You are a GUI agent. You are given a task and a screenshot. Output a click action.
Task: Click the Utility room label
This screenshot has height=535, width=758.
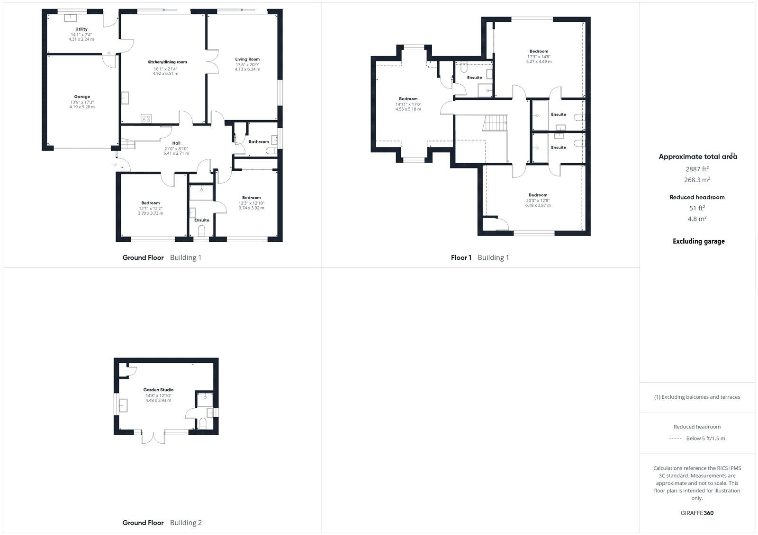[81, 29]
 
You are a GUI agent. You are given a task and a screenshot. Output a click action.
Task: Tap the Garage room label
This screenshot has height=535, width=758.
[82, 96]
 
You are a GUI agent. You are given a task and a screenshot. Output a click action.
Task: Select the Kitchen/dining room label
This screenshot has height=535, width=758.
[167, 62]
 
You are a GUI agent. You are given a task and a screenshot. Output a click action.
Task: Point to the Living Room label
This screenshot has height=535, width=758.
[247, 59]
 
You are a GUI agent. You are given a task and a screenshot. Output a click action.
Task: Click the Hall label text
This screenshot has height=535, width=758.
[176, 143]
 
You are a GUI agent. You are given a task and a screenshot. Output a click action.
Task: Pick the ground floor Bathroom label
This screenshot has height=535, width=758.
[259, 141]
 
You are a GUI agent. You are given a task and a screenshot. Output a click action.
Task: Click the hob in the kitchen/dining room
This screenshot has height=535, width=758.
[146, 118]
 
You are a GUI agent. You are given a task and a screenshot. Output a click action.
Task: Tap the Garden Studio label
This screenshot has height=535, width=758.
[158, 390]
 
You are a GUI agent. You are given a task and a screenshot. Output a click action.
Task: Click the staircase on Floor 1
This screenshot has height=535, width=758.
[495, 123]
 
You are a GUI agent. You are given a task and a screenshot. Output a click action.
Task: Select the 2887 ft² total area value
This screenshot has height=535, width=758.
[697, 169]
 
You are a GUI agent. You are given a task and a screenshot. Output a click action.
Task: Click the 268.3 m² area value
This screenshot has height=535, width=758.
[697, 180]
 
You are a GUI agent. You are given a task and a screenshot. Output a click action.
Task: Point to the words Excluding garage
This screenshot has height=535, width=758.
[698, 241]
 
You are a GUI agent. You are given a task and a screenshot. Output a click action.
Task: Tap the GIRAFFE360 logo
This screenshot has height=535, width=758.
[697, 513]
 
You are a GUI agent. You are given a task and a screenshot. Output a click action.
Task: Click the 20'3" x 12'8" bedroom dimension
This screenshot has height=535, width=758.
[538, 201]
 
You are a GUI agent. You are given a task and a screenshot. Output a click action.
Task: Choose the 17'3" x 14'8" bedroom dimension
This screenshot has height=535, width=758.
[539, 57]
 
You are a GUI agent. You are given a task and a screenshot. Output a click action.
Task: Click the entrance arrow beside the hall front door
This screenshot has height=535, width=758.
[115, 165]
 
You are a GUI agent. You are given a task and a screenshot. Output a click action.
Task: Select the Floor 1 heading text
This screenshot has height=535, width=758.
[461, 257]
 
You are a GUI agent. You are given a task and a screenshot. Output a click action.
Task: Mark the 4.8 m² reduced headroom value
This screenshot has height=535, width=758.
[697, 219]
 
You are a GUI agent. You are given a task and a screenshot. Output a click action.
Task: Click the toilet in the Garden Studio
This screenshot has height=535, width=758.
[203, 423]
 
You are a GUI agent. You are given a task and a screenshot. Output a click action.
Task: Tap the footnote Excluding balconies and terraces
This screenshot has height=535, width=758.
[697, 397]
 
